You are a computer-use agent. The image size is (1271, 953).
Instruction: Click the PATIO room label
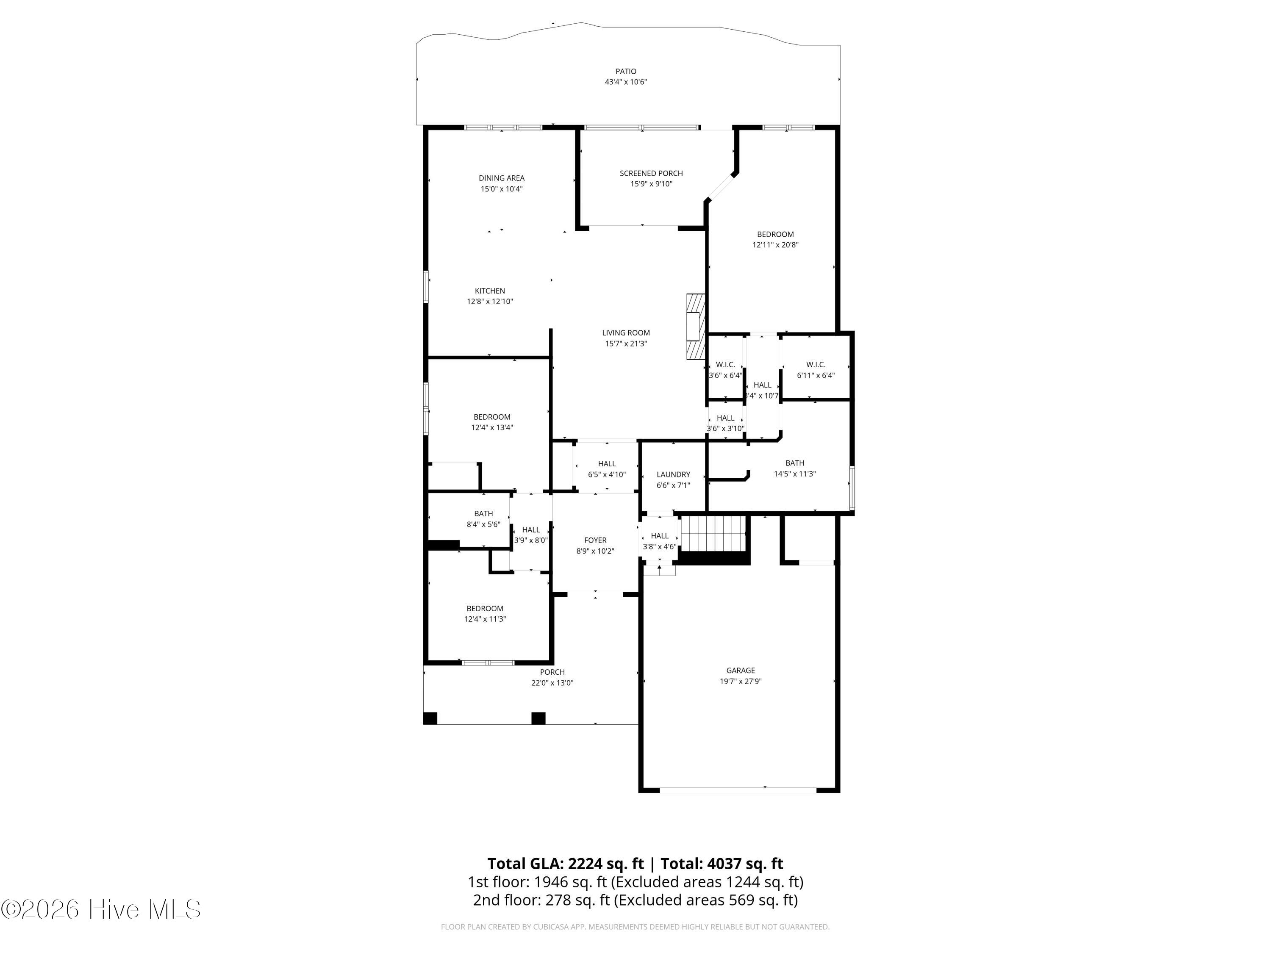(x=625, y=71)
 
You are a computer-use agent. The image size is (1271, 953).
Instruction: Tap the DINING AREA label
(x=501, y=178)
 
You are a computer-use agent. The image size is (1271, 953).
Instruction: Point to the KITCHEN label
(x=490, y=291)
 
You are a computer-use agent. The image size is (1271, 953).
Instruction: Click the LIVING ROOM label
(x=625, y=332)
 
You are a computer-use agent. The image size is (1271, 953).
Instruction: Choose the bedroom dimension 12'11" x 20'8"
(x=775, y=245)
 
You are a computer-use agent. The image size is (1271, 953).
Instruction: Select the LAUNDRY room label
(x=673, y=474)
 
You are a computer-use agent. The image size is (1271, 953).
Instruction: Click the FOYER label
(x=595, y=540)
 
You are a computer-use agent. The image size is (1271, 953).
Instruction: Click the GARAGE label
(x=740, y=670)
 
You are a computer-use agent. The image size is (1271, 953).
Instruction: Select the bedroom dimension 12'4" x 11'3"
(x=484, y=619)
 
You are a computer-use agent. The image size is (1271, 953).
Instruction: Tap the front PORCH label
(x=552, y=672)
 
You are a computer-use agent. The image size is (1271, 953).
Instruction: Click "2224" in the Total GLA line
(x=586, y=863)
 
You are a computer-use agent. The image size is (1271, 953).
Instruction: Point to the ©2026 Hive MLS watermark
(x=100, y=909)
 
